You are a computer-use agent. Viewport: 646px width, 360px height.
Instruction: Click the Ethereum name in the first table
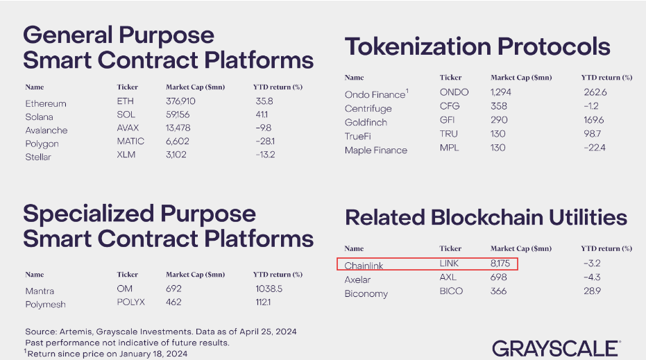[x=46, y=103]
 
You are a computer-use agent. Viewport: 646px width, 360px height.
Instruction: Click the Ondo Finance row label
[x=374, y=94]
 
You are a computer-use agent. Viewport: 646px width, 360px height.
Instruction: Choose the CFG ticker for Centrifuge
[x=450, y=107]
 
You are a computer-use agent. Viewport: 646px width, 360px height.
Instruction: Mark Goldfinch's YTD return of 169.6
[x=596, y=121]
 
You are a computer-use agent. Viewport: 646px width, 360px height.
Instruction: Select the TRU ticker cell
[x=450, y=135]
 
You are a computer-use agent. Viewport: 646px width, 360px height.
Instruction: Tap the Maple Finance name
[x=376, y=150]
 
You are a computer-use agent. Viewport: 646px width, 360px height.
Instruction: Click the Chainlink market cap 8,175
[x=503, y=264]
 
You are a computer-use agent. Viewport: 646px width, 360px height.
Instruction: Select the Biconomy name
[x=366, y=293]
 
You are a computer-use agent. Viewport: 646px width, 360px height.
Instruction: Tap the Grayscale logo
[x=555, y=348]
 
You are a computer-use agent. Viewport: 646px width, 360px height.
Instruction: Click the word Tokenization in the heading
[x=419, y=47]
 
